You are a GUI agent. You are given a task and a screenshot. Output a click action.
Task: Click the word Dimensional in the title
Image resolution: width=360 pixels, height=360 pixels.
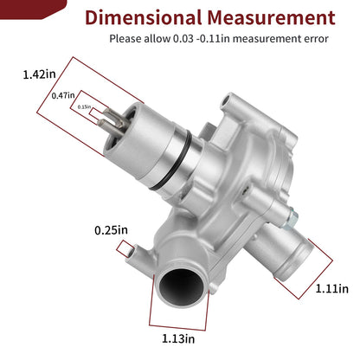pos(143,17)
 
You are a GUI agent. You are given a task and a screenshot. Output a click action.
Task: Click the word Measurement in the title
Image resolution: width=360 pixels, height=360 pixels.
pos(271,17)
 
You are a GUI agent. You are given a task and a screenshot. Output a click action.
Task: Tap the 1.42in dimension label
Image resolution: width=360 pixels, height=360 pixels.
pos(40,74)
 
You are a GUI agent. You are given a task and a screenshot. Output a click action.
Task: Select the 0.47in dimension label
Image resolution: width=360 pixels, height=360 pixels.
pos(63,95)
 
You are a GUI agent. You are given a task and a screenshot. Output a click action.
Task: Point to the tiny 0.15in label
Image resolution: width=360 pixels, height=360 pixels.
pos(84,106)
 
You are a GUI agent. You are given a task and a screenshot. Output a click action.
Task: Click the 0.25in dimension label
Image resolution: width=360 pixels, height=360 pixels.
pos(111,230)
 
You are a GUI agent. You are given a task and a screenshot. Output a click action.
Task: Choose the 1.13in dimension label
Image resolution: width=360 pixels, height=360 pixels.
pos(178,338)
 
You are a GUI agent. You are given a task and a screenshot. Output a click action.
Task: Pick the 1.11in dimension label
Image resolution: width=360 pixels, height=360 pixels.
pos(332,288)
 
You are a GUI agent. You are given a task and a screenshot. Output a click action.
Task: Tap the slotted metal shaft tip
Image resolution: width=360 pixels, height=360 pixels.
pos(113,122)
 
